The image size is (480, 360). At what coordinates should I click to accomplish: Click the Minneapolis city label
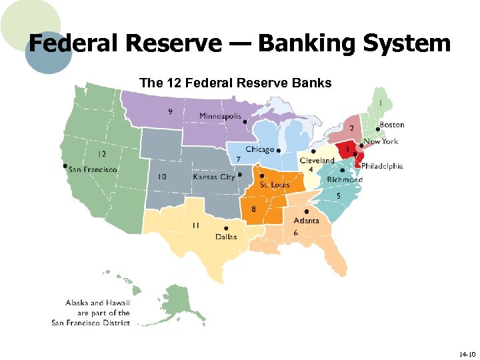pyautogui.click(x=220, y=117)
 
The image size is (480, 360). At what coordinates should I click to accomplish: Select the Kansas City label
pyautogui.click(x=214, y=177)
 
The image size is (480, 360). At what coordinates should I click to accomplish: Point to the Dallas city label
pyautogui.click(x=225, y=237)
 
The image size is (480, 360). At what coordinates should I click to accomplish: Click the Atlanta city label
pyautogui.click(x=305, y=221)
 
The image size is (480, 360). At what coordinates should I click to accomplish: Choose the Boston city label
pyautogui.click(x=391, y=125)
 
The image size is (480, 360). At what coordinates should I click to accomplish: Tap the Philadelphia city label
pyautogui.click(x=382, y=166)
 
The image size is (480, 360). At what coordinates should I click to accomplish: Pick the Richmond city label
pyautogui.click(x=345, y=179)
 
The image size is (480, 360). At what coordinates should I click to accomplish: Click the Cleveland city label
pyautogui.click(x=317, y=161)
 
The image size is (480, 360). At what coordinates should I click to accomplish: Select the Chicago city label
pyautogui.click(x=260, y=150)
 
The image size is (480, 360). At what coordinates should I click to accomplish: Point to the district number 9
pyautogui.click(x=171, y=111)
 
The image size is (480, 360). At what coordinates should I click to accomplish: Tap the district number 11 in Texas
pyautogui.click(x=195, y=225)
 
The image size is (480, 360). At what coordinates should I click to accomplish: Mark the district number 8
pyautogui.click(x=254, y=209)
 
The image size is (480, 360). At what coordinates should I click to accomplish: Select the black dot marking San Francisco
pyautogui.click(x=65, y=165)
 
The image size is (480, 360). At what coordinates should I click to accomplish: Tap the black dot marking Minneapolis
pyautogui.click(x=245, y=122)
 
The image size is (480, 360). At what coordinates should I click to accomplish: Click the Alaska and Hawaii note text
pyautogui.click(x=91, y=313)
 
